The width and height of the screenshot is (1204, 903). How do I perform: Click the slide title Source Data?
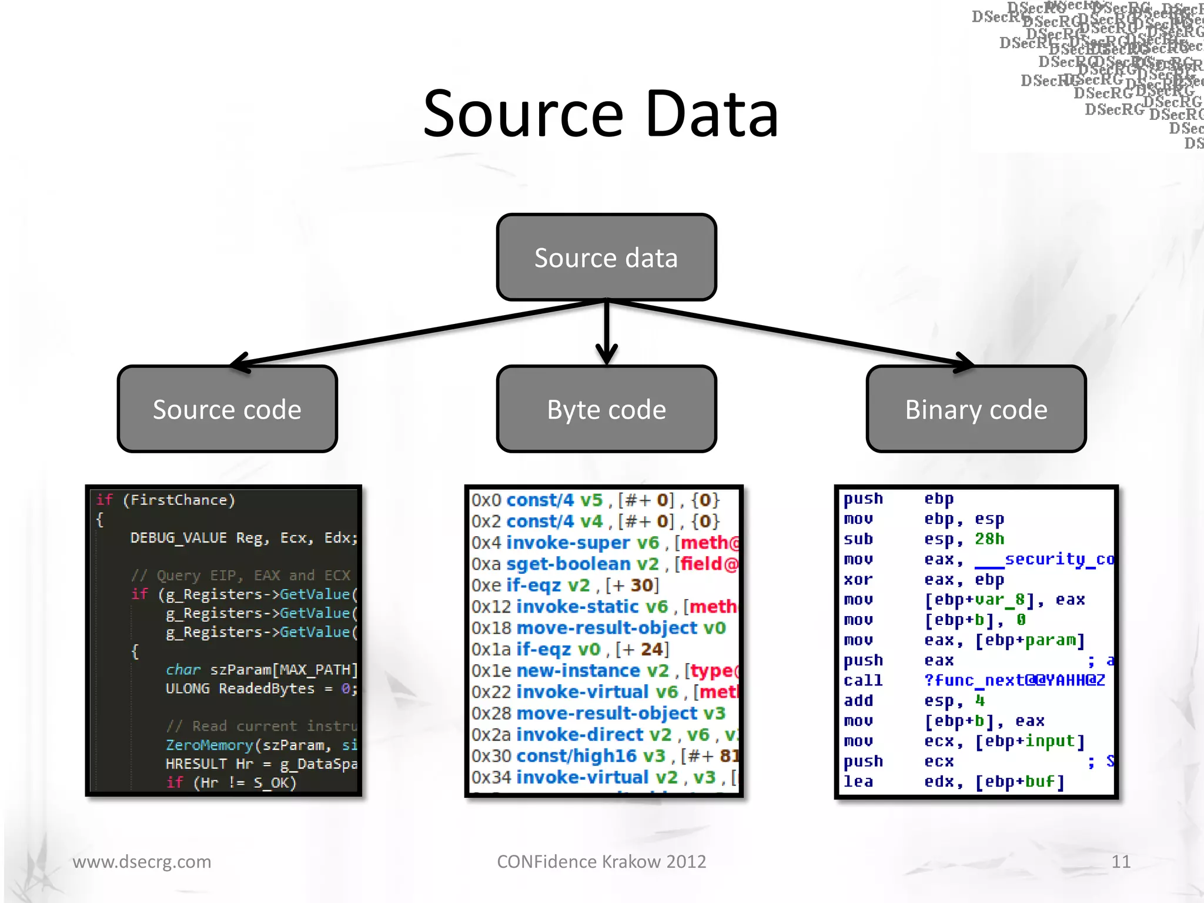coord(601,114)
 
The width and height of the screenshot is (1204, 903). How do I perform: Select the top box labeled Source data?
coord(606,257)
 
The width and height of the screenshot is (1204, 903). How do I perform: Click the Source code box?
coord(227,409)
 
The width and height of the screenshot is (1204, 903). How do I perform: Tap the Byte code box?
coord(606,409)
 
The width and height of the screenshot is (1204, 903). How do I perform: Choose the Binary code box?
coord(976,409)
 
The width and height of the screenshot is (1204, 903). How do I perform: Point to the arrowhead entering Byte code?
coord(607,356)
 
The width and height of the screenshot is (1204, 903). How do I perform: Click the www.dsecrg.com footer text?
coord(142,861)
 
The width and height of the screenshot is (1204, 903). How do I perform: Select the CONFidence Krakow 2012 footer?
coord(601,861)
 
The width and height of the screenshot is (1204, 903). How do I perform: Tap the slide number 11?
coord(1121,861)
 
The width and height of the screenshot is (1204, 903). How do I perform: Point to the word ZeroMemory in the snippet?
coord(209,745)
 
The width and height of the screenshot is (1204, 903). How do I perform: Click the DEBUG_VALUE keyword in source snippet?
coord(178,537)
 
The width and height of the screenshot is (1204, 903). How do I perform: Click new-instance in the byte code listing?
coord(578,670)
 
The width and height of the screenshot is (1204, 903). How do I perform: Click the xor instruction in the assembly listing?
coord(858,580)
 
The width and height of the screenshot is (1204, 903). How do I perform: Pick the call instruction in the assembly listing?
coord(862,680)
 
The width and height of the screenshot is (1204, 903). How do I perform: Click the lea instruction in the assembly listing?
coord(858,781)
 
